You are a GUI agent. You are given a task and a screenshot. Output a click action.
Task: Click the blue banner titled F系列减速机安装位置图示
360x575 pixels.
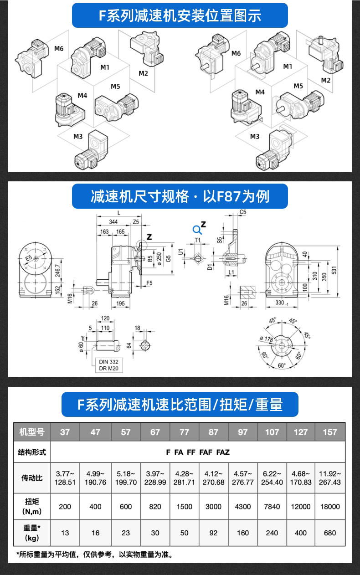[180, 15]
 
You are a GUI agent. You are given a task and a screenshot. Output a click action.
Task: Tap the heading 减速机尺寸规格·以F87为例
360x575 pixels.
[180, 196]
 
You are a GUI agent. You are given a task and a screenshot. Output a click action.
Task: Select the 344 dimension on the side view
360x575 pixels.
[113, 221]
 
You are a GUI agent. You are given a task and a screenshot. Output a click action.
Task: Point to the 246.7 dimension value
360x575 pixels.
[58, 272]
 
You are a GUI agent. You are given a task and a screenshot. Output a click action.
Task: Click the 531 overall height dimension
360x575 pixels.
[347, 270]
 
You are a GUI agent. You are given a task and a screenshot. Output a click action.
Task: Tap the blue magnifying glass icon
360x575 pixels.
[197, 229]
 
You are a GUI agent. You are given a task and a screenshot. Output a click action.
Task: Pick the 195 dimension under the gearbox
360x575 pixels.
[120, 303]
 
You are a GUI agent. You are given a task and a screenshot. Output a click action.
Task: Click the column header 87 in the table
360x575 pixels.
[213, 432]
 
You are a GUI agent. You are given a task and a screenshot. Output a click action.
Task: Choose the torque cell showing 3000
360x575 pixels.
[213, 506]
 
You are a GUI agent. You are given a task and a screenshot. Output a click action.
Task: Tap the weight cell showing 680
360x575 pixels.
[330, 533]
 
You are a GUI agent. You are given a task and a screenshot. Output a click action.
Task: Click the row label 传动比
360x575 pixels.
[32, 478]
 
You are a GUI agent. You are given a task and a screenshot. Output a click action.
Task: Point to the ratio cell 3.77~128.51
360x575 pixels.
[65, 478]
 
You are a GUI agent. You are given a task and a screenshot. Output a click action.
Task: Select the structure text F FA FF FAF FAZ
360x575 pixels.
[198, 452]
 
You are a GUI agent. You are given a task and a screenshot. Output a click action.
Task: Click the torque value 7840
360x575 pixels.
[272, 506]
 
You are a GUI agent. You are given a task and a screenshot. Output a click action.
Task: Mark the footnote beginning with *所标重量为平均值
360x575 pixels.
[95, 554]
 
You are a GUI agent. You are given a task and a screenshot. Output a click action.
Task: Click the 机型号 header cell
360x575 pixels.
[32, 432]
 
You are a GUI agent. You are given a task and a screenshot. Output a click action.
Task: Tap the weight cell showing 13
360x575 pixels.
[65, 533]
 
